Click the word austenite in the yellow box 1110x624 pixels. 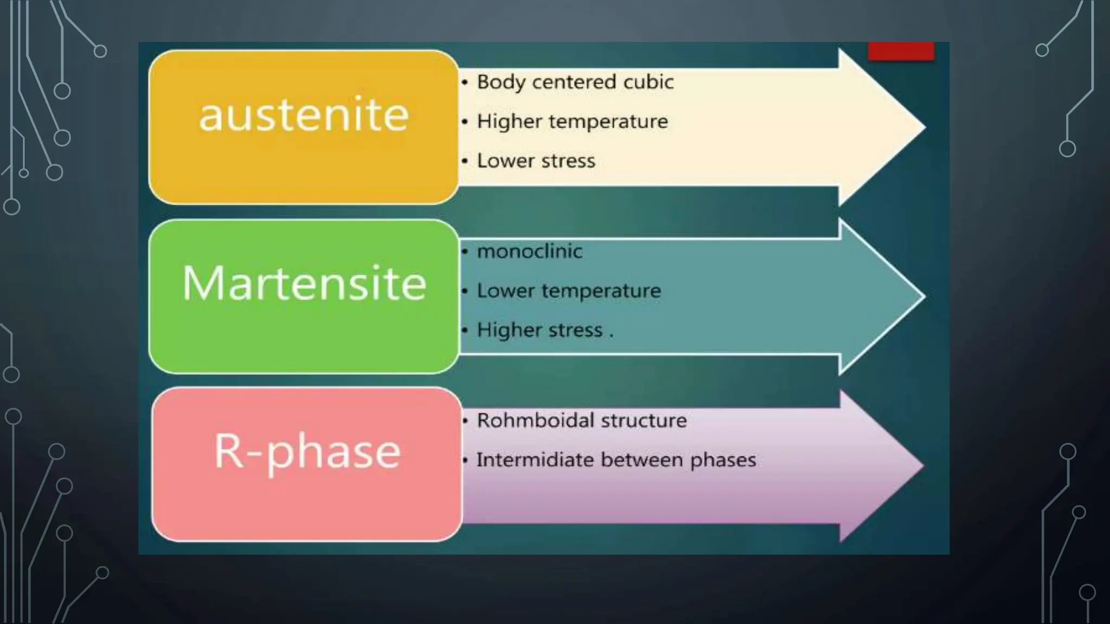pos(304,115)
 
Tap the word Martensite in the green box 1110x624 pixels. pos(304,283)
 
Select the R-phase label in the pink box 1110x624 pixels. pos(307,452)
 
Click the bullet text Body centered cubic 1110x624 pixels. pos(575,82)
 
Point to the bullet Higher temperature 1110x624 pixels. pos(572,122)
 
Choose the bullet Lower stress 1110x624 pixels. pos(535,161)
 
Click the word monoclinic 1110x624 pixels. pos(530,251)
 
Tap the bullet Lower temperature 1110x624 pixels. pos(569,291)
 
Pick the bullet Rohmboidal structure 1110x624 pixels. pos(582,420)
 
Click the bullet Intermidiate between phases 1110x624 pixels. pos(616,460)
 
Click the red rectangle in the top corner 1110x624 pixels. pos(901,51)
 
